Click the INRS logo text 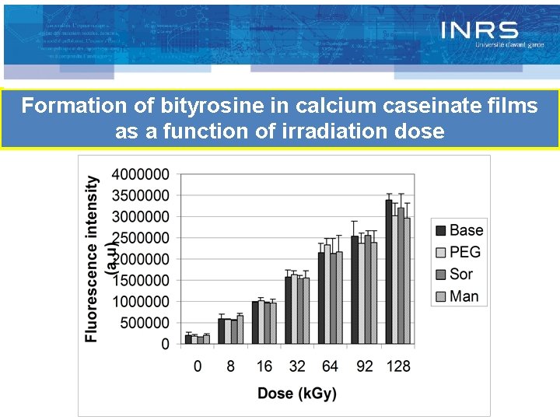point(479,30)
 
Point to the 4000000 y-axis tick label point(141,173)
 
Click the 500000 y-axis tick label point(145,322)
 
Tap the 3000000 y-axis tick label point(141,216)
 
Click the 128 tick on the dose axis point(398,366)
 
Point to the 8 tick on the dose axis point(231,366)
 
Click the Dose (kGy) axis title point(297,394)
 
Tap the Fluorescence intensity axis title point(93,258)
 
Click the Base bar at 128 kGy point(388,271)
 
